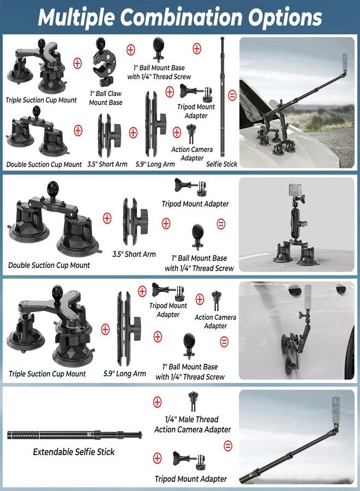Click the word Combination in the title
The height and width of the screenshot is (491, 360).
[x=179, y=17]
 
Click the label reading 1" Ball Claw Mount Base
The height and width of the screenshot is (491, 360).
[x=105, y=98]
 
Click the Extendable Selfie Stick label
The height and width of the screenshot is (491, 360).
[x=74, y=452]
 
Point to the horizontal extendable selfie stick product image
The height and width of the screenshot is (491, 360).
[x=75, y=435]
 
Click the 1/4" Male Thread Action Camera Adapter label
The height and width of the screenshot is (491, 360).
[x=193, y=424]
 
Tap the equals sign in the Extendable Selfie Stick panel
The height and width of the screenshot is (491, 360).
[x=228, y=446]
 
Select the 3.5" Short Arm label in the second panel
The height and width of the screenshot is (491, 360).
[x=134, y=254]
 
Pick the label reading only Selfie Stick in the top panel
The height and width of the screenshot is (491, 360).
[x=222, y=164]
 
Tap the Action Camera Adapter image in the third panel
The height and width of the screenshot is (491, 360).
[x=215, y=301]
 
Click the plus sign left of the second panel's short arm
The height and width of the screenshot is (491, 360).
[x=107, y=218]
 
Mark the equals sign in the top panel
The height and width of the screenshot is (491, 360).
[x=231, y=95]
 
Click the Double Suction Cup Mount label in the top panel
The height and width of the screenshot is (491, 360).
[x=44, y=164]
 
